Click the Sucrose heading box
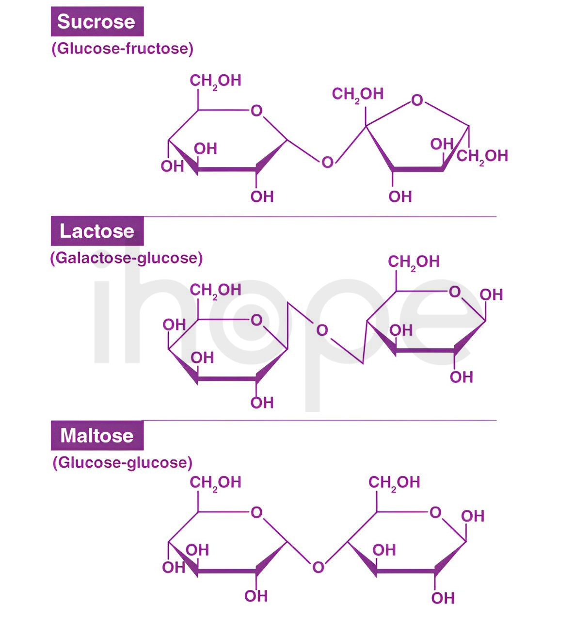97,21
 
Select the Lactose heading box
97,231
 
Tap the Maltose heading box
97,435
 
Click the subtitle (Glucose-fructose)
123,49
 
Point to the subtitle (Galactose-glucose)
127,258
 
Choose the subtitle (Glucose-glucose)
123,462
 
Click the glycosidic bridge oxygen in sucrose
327,163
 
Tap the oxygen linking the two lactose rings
322,330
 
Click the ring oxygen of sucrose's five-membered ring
417,100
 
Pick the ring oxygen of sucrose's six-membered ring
256,111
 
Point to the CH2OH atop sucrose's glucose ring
216,81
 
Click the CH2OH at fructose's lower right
482,156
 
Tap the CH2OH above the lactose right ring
414,262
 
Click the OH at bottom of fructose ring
400,196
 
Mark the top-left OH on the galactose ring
174,325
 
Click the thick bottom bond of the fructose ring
418,169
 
